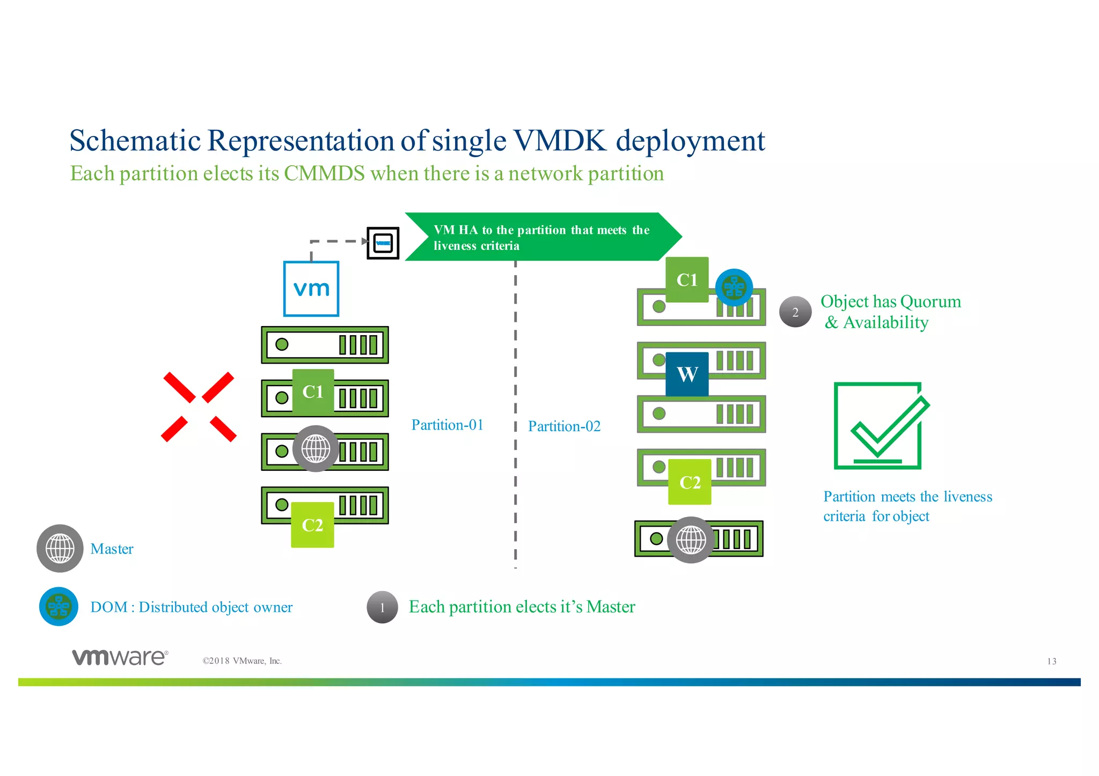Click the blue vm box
(311, 289)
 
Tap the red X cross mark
(199, 407)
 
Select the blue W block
(687, 374)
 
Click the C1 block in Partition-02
(687, 279)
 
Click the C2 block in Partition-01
(312, 524)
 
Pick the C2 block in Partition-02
(690, 482)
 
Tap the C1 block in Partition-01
(313, 391)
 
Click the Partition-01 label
(447, 425)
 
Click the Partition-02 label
(564, 426)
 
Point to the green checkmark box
(880, 426)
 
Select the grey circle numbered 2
(795, 312)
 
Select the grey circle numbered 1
(382, 607)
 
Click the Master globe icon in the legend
(60, 548)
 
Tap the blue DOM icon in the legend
(58, 607)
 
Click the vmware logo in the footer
(120, 657)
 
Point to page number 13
(1051, 661)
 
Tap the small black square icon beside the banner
(383, 243)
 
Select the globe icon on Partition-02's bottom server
(691, 539)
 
